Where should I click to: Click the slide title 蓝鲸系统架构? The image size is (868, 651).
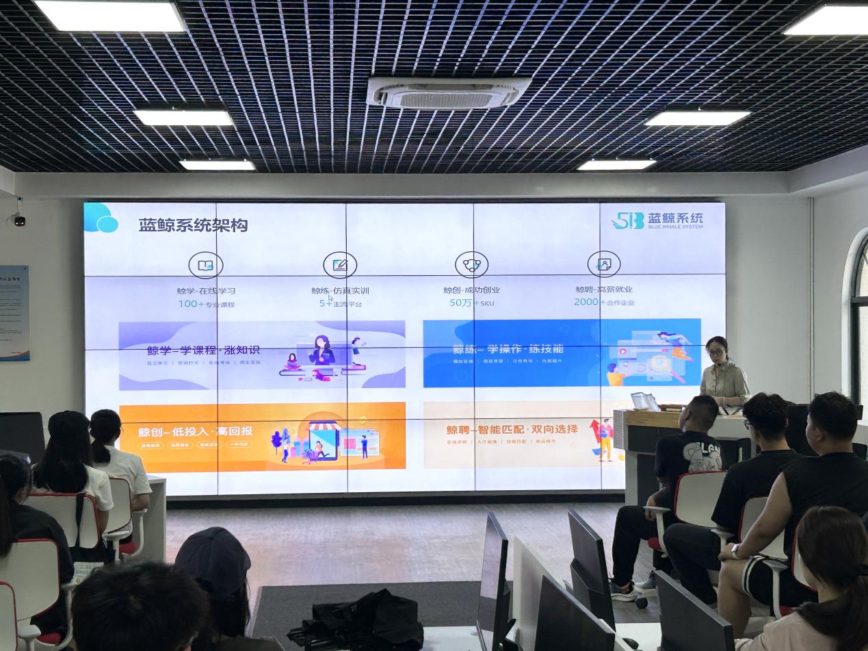(183, 225)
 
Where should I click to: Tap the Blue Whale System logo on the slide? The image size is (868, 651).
(657, 220)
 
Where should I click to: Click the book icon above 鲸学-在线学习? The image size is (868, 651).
(205, 264)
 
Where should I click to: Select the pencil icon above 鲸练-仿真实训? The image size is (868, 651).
(340, 264)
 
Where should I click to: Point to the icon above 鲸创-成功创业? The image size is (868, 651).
(472, 264)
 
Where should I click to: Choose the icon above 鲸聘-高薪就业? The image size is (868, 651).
(603, 264)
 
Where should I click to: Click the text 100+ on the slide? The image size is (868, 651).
(187, 303)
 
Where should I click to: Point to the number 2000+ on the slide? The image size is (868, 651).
(587, 302)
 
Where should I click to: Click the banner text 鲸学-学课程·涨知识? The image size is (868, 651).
(203, 350)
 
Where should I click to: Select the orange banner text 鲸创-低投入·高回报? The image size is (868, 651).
(196, 431)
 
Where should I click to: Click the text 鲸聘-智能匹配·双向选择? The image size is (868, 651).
(512, 430)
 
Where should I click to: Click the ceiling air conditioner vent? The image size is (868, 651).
(448, 93)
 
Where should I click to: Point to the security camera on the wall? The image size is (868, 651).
(18, 220)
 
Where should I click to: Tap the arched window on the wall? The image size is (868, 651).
(858, 315)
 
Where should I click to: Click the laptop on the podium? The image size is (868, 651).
(644, 402)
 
